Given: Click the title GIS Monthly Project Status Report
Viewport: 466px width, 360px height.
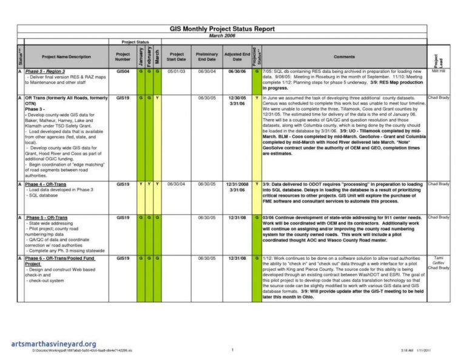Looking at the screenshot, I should [x=222, y=29].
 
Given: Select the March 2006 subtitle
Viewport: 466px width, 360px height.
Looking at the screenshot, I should [x=222, y=35].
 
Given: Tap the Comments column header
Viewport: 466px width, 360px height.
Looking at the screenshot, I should [x=344, y=56].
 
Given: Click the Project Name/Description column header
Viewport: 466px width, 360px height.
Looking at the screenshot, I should [x=66, y=56].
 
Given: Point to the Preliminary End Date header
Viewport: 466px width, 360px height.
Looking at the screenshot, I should [x=207, y=56].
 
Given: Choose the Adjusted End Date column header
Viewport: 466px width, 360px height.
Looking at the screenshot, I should [x=237, y=56].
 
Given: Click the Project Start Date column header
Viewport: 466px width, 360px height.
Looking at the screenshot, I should [x=177, y=56].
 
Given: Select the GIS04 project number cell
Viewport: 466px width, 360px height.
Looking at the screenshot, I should [x=123, y=72].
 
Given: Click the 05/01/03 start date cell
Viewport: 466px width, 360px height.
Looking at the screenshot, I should [x=177, y=72].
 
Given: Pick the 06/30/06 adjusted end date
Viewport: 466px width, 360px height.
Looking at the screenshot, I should [x=237, y=72].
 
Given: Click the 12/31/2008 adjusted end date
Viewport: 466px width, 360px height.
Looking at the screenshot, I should [x=237, y=183].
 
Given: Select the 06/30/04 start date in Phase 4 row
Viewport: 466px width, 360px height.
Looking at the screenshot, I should [x=177, y=183].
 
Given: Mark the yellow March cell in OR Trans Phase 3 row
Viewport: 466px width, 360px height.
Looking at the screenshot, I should [x=158, y=98].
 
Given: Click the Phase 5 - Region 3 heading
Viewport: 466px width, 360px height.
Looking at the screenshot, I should [x=46, y=72].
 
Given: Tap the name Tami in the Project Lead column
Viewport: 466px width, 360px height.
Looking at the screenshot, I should [x=438, y=258].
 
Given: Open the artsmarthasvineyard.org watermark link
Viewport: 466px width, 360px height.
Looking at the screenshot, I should [x=53, y=344].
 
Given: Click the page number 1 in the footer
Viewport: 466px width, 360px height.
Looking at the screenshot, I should [x=232, y=350].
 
